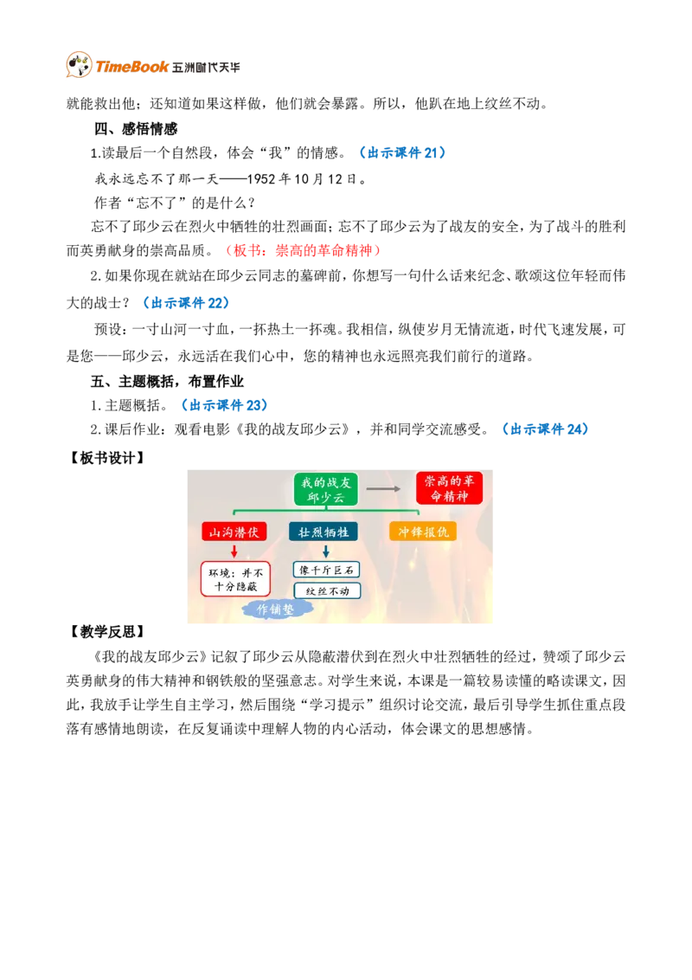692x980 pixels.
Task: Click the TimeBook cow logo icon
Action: [x=79, y=65]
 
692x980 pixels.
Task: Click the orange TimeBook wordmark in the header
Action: [x=131, y=67]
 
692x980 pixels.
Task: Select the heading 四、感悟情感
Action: [x=136, y=129]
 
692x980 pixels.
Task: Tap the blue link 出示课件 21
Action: [x=403, y=153]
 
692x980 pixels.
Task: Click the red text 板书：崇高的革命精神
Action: [x=303, y=250]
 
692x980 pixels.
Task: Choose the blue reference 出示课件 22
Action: [x=186, y=303]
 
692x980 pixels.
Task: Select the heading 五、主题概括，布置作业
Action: [x=167, y=381]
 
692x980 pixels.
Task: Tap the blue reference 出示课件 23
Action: [x=224, y=405]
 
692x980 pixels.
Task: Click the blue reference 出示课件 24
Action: [x=545, y=429]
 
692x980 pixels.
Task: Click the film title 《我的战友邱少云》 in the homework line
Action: [x=293, y=429]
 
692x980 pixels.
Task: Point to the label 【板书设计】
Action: [x=106, y=458]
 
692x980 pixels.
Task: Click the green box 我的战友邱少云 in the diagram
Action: [x=326, y=489]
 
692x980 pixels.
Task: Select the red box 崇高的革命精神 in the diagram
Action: [x=449, y=488]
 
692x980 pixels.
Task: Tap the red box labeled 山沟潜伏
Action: [x=234, y=532]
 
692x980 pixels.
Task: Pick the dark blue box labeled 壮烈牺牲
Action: [x=324, y=532]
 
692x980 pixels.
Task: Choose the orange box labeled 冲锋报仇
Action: [x=424, y=532]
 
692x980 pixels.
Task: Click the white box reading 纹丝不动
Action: [x=327, y=590]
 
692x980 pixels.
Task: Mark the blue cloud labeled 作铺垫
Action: [x=275, y=609]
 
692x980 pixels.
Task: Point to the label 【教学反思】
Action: [x=106, y=632]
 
